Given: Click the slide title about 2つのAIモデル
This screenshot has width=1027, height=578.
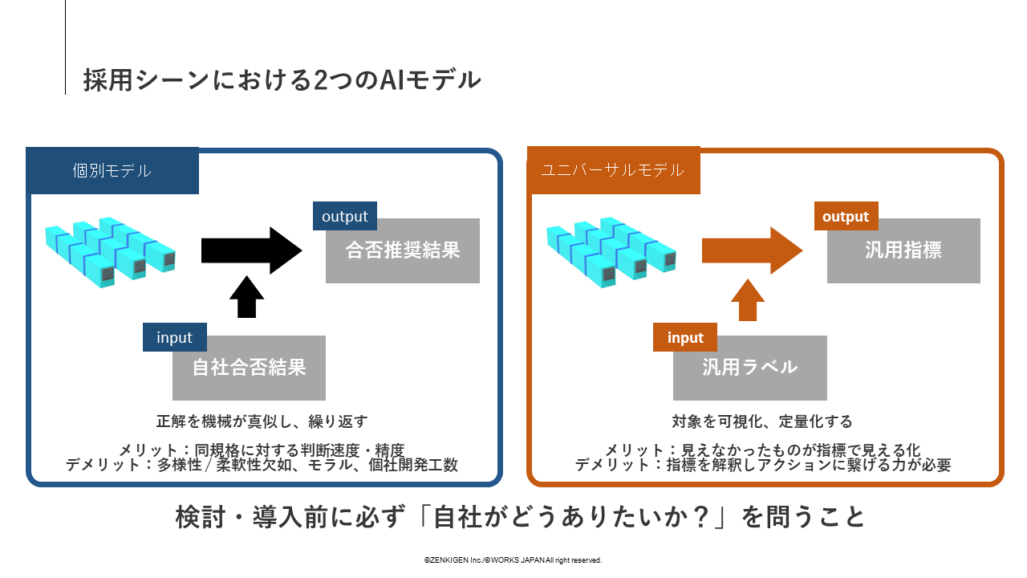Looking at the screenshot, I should click(x=282, y=80).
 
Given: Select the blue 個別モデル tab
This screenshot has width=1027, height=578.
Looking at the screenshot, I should click(x=112, y=170).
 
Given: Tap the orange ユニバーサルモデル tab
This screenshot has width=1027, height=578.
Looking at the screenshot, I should click(x=613, y=170).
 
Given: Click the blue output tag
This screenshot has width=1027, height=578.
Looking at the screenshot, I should click(x=345, y=217).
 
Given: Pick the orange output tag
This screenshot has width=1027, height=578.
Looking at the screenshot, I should click(x=846, y=217).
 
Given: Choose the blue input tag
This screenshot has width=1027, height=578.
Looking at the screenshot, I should click(x=174, y=337).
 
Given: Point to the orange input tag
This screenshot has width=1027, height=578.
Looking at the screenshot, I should click(x=685, y=338).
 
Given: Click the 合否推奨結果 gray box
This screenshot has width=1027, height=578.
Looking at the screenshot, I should click(x=403, y=251).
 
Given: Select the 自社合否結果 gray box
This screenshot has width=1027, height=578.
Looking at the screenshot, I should click(x=249, y=368).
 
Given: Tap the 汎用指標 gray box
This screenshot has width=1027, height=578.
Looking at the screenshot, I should click(x=903, y=251).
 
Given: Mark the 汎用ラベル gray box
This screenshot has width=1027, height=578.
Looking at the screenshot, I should click(x=749, y=368).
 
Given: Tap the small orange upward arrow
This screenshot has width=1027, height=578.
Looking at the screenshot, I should click(x=748, y=299).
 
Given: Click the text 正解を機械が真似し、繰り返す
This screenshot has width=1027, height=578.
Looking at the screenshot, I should click(x=262, y=421).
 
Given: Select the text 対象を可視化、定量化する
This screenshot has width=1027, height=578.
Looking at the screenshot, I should click(x=761, y=421).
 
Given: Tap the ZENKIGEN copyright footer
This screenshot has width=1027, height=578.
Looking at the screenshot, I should click(x=513, y=560).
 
